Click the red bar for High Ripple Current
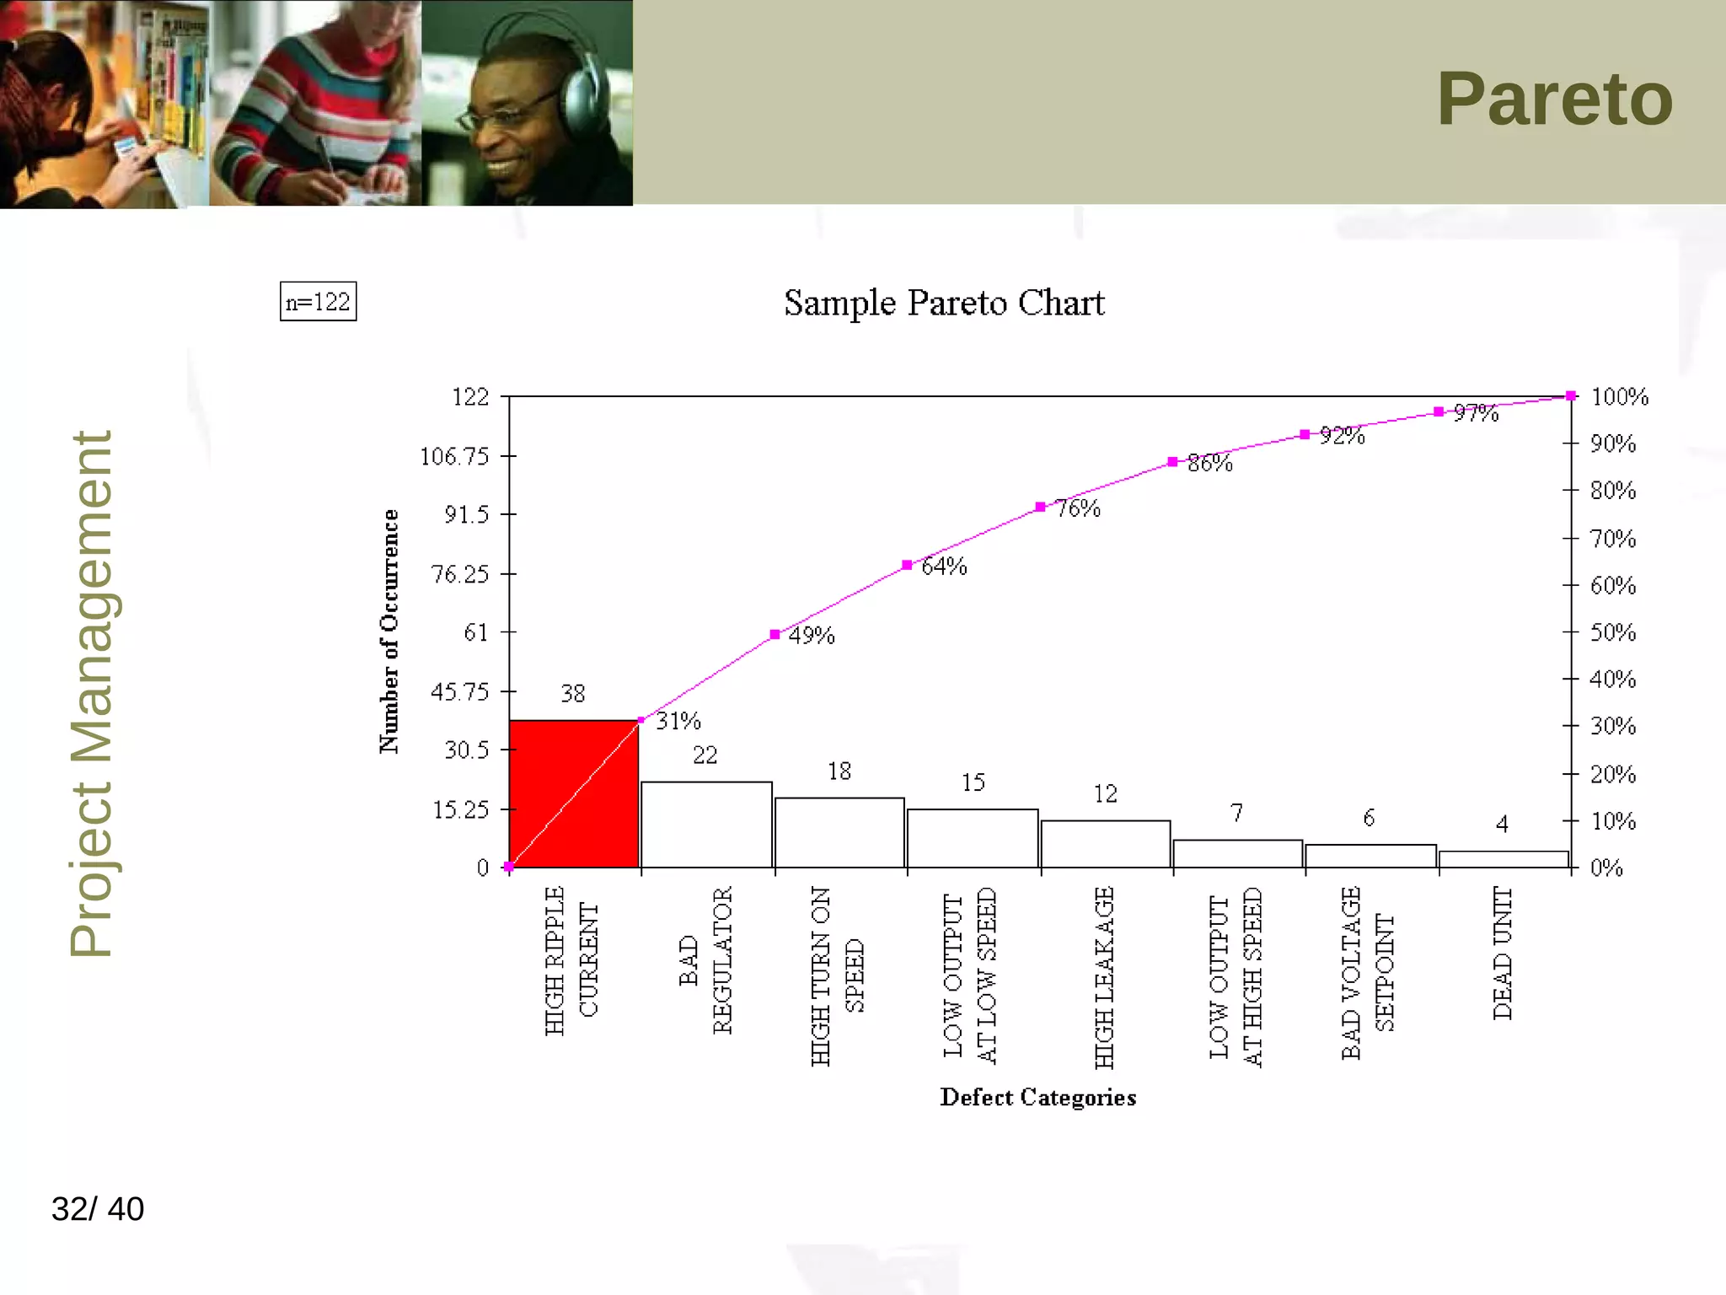click(573, 793)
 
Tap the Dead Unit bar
click(1504, 859)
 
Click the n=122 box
click(318, 302)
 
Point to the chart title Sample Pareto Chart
click(944, 304)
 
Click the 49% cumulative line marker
click(775, 634)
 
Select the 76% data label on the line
click(1078, 508)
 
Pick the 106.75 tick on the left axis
click(454, 456)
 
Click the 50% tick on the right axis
click(1612, 632)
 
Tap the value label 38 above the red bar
click(573, 693)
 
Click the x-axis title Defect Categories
click(1037, 1097)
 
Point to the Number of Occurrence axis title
click(389, 631)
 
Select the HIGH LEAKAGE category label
click(1104, 978)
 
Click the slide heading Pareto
click(1554, 99)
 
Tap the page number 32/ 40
click(98, 1209)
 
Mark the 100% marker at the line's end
click(1571, 395)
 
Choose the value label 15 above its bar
click(973, 782)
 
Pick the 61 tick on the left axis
click(476, 632)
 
